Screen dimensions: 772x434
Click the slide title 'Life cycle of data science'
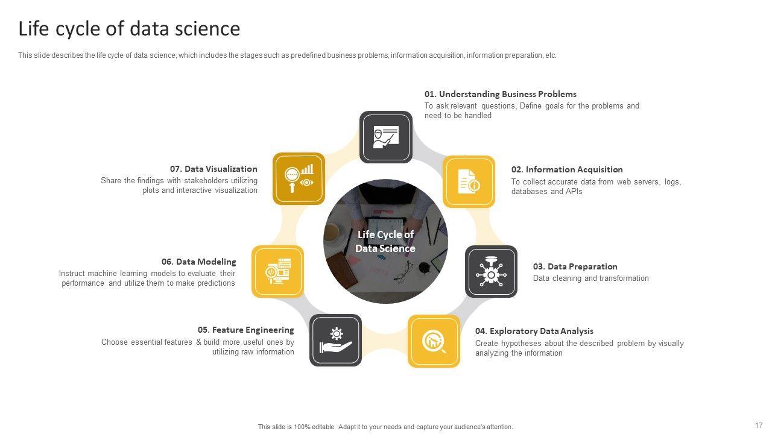tap(129, 28)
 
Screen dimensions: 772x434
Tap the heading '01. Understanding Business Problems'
tap(501, 94)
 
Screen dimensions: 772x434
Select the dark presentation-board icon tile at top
tap(386, 137)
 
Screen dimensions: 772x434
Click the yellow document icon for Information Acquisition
tap(469, 181)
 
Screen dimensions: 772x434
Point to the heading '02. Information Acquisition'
tap(567, 169)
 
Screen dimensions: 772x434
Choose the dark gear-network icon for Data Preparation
tap(491, 271)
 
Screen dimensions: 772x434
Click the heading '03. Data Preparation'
tap(575, 266)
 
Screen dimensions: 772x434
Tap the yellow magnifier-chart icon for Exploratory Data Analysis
tap(434, 341)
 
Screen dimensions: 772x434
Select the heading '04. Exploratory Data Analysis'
tap(534, 331)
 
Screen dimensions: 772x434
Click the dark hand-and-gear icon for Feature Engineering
tap(336, 341)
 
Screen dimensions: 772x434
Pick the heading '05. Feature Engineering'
tap(245, 330)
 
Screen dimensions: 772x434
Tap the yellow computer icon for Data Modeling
tap(278, 271)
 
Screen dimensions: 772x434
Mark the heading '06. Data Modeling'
tap(199, 262)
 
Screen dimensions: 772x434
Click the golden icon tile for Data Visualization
tap(299, 179)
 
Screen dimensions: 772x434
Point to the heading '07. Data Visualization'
tap(214, 169)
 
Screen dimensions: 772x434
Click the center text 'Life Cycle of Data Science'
tap(385, 242)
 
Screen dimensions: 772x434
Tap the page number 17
tap(759, 425)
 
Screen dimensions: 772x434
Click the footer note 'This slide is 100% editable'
tap(296, 427)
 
